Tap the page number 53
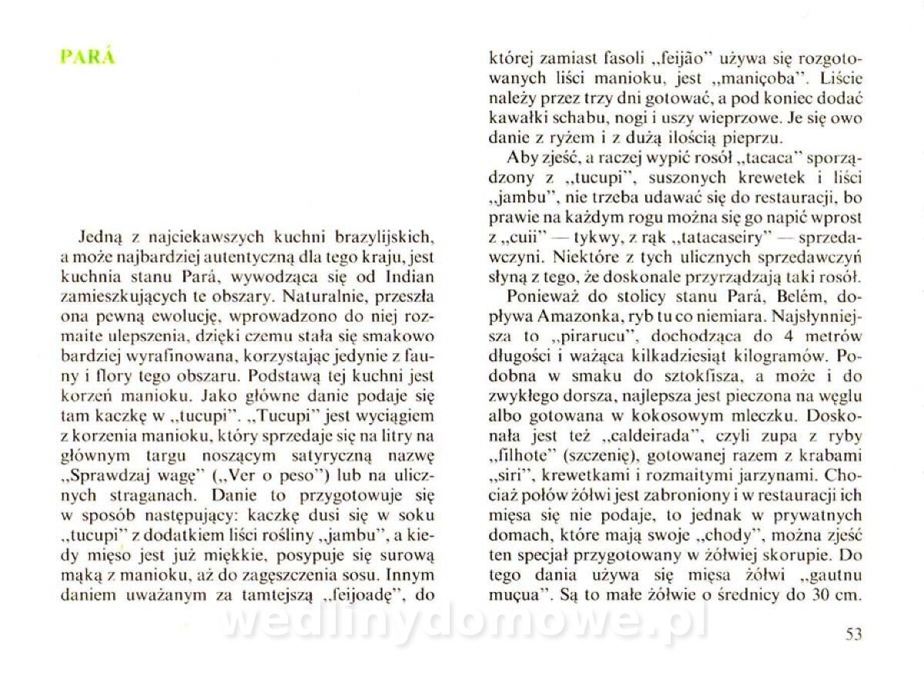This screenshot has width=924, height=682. (853, 634)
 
